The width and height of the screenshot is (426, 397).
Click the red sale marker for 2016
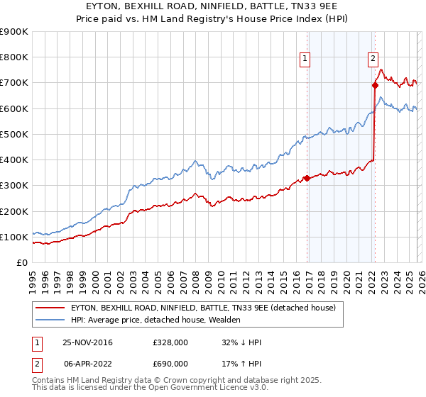click(307, 178)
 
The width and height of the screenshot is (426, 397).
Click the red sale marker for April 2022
click(374, 85)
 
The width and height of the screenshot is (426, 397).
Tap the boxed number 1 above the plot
click(305, 60)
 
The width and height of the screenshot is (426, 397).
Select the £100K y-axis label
click(14, 237)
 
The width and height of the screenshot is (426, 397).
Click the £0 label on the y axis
click(22, 262)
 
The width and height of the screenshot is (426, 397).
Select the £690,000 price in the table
click(170, 363)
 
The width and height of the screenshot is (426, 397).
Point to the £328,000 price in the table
click(170, 343)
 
